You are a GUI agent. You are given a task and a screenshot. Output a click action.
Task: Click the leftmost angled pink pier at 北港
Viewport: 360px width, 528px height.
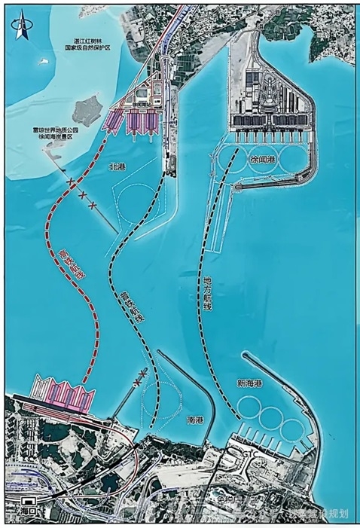point(114,120)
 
